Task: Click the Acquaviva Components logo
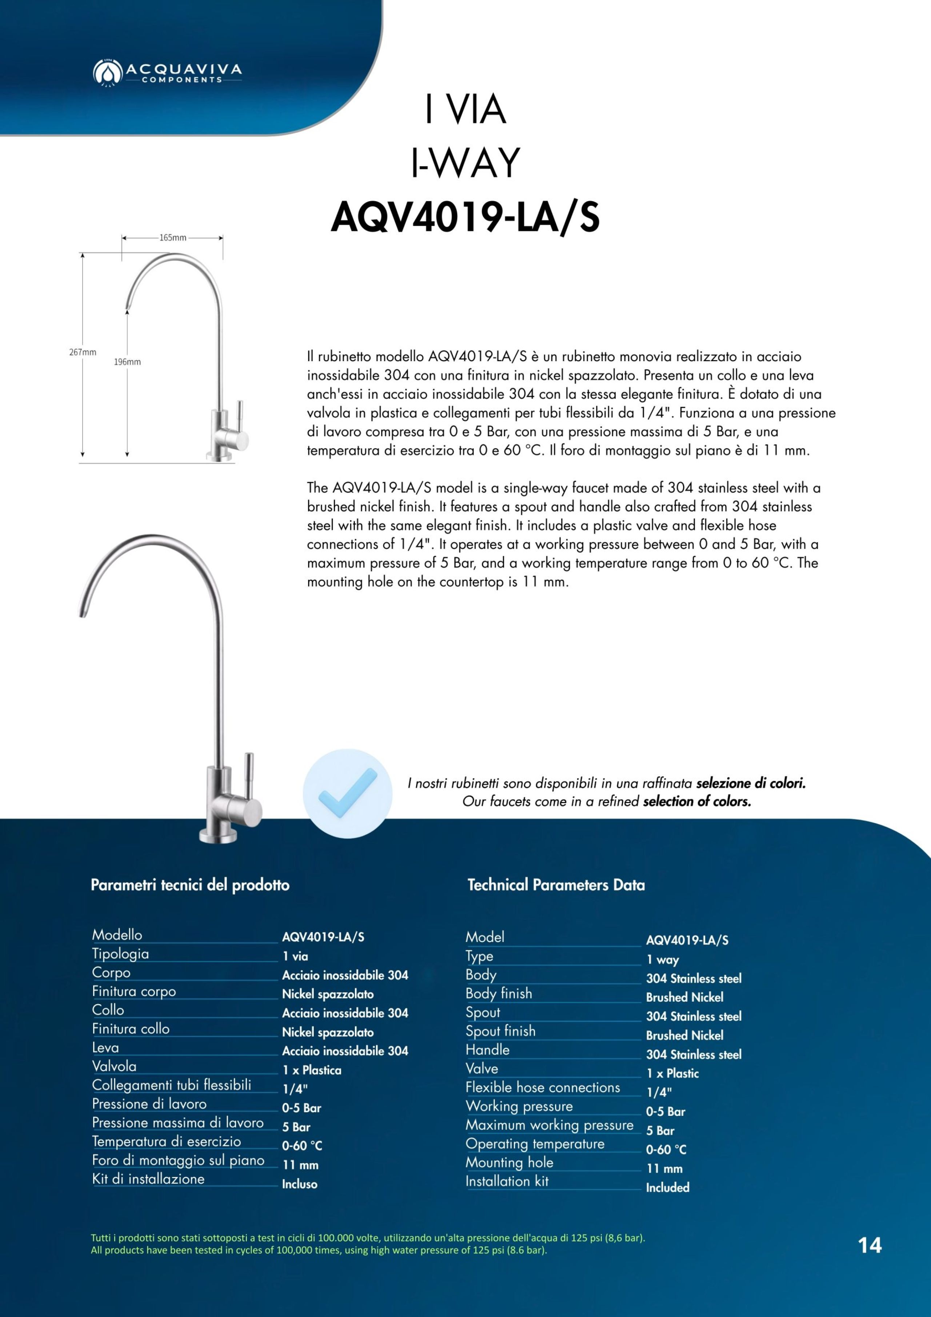coord(167,73)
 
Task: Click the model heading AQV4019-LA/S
coord(465,218)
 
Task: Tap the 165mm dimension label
coord(173,238)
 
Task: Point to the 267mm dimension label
coord(83,352)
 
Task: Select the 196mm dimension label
coord(127,362)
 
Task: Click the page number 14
coord(870,1245)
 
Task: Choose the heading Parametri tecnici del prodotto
coord(190,885)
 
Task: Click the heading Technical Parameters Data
coord(556,885)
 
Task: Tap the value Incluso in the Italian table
coord(299,1184)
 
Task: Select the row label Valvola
coord(114,1066)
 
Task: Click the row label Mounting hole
coord(510,1163)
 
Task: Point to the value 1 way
coord(663,959)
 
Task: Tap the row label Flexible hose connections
coord(543,1087)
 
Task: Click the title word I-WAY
coord(465,163)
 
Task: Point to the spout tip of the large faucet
coord(83,612)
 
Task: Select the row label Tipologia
coord(120,954)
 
